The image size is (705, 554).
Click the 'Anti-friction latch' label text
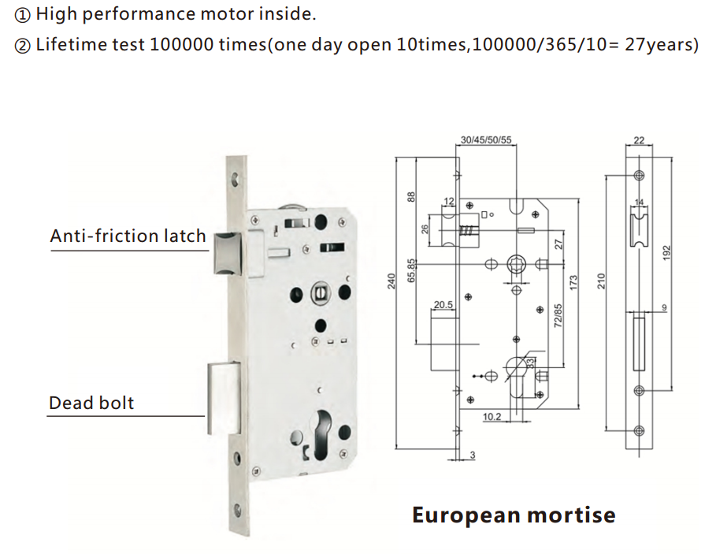point(128,236)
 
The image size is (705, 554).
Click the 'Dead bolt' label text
point(91,403)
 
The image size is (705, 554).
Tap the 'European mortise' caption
point(514,515)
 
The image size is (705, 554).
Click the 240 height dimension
point(391,281)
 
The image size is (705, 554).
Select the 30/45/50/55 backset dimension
point(486,139)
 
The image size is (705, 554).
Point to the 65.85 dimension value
point(411,270)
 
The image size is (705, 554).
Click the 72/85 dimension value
point(558,316)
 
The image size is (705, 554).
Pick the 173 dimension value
point(573,283)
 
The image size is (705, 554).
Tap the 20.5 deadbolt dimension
point(443,305)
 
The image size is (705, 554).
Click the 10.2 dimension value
point(492,417)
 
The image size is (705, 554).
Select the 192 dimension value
point(666,252)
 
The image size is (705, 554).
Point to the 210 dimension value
point(601,281)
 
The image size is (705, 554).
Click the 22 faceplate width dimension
point(639,139)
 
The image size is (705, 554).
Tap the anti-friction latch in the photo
point(227,254)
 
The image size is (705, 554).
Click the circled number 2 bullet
point(23,46)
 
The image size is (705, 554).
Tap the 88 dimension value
point(411,197)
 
